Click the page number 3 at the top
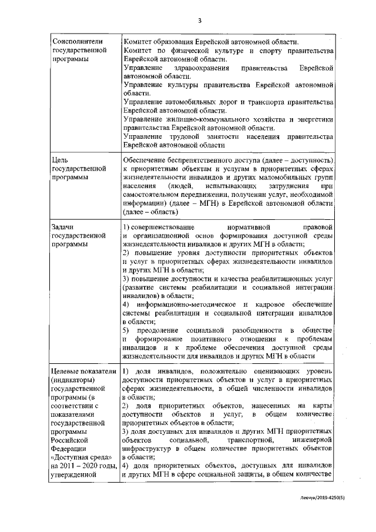[200, 22]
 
